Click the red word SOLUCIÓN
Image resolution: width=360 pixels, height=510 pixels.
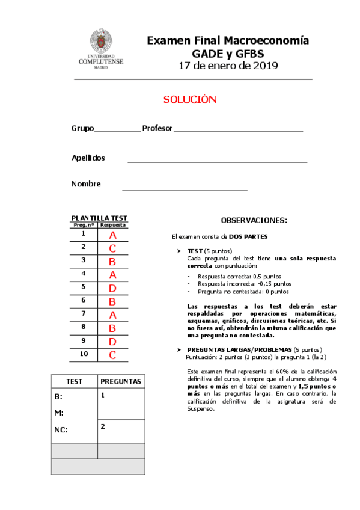tap(189, 100)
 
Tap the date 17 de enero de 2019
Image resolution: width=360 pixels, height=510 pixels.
tap(228, 66)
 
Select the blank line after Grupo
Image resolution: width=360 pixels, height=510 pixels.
tap(117, 131)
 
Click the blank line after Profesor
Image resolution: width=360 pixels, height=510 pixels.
tap(238, 131)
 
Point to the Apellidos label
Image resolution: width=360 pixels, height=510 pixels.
tap(88, 158)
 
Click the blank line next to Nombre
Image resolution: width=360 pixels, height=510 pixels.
tap(185, 189)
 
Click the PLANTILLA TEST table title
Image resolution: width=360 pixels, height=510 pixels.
tap(99, 218)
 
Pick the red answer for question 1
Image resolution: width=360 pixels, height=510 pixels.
tap(112, 235)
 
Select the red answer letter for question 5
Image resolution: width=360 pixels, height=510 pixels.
tap(112, 288)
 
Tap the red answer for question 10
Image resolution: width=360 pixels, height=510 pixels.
tap(112, 355)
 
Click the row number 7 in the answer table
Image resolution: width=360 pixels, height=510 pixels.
tap(84, 313)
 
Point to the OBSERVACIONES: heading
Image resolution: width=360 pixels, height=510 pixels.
tap(254, 221)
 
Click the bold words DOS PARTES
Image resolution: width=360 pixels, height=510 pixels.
tap(248, 237)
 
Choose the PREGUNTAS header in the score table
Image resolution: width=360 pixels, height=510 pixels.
tap(121, 381)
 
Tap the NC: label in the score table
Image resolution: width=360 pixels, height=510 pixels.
tap(61, 430)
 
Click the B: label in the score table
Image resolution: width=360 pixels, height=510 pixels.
tap(58, 397)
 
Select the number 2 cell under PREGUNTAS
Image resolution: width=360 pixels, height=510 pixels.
tap(103, 426)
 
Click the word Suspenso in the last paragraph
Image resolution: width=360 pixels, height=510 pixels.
tap(200, 409)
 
